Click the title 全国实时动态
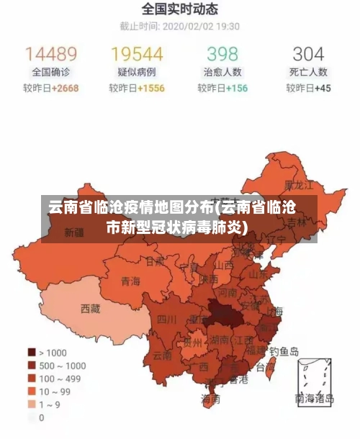[179, 9]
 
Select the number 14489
[51, 54]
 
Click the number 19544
[137, 54]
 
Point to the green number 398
[222, 54]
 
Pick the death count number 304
[308, 54]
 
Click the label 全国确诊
[51, 72]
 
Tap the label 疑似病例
[137, 72]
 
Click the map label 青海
[130, 281]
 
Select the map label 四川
[167, 319]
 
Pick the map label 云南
[162, 355]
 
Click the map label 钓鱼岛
[284, 352]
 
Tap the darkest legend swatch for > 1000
[32, 353]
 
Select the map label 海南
[210, 398]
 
